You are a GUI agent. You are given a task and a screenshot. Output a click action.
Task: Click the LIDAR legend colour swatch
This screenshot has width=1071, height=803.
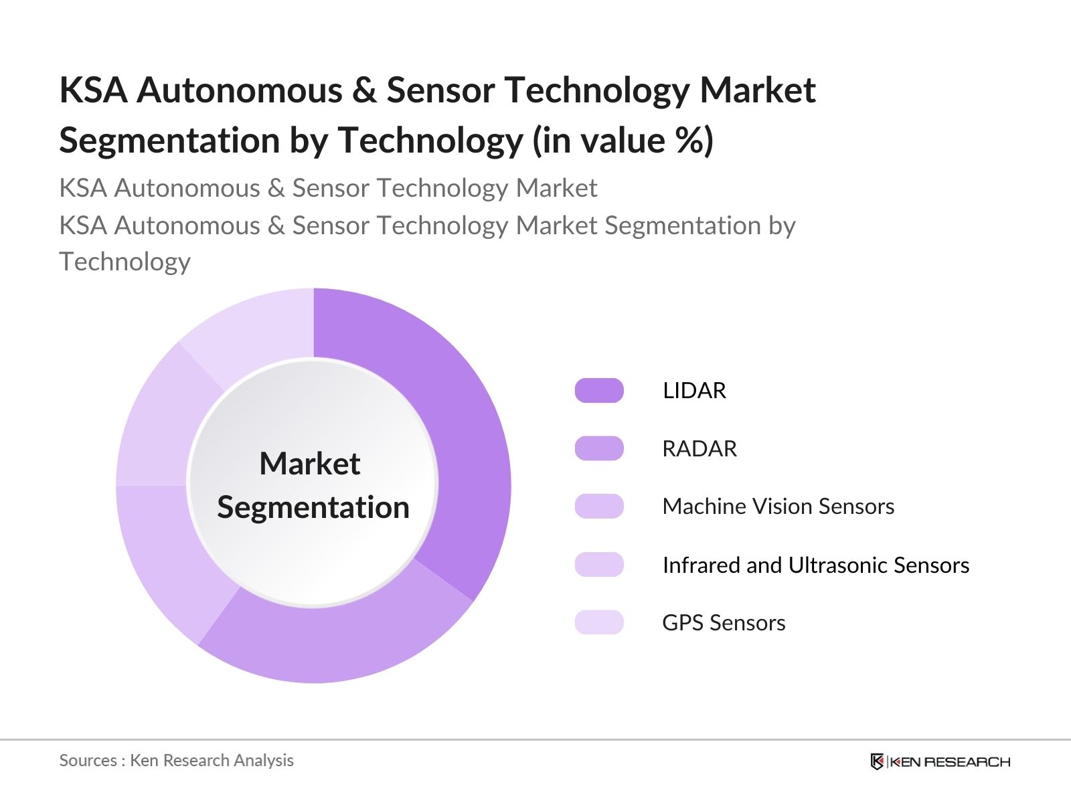point(599,390)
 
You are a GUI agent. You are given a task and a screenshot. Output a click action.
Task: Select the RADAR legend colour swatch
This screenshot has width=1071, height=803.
point(599,448)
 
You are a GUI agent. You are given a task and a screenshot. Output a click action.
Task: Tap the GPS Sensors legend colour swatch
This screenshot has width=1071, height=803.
point(599,622)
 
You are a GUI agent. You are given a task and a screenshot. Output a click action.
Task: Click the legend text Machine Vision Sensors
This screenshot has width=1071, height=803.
point(778,507)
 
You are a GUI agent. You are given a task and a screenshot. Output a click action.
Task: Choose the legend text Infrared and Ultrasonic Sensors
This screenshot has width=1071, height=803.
point(815,565)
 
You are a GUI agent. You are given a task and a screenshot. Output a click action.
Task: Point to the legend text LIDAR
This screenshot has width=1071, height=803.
point(694,390)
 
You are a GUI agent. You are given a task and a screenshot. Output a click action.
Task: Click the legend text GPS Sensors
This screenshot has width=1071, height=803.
point(724,623)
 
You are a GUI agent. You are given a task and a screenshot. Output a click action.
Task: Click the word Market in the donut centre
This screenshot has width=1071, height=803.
point(310,464)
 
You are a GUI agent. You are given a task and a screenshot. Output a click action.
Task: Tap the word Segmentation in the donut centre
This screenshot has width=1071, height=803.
point(313,507)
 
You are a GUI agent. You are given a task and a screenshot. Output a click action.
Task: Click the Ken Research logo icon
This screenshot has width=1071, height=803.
point(877,762)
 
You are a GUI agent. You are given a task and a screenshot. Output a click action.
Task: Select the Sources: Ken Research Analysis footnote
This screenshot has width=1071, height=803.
point(176,760)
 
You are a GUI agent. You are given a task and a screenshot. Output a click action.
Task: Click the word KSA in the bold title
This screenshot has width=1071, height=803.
point(93,90)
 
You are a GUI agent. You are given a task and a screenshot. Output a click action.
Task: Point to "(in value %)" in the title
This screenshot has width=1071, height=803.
point(623,141)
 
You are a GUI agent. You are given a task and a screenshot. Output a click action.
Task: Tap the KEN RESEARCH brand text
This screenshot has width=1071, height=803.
point(950,762)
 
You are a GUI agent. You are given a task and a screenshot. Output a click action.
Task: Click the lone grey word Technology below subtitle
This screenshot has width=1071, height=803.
point(125,262)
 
